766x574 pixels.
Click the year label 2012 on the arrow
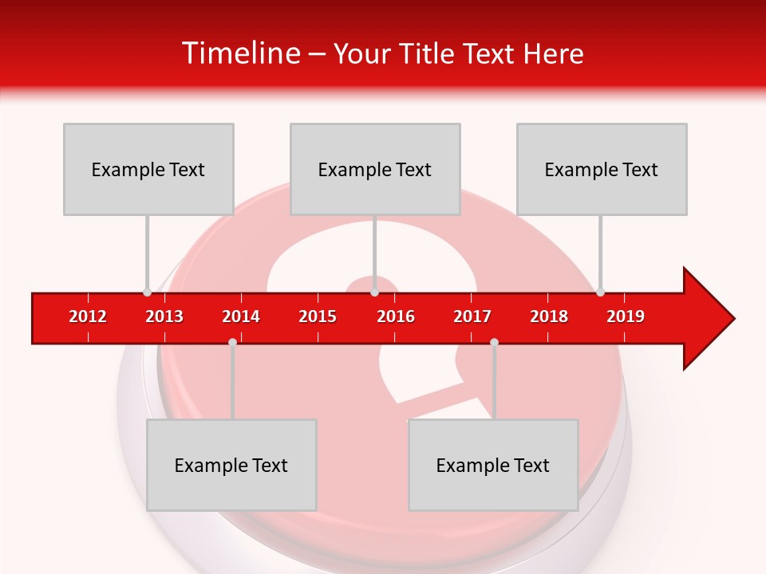[x=88, y=316]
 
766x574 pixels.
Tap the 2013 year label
[x=164, y=316]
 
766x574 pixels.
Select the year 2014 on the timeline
[x=241, y=316]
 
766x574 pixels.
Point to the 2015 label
[x=318, y=316]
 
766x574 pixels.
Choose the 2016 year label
[x=396, y=316]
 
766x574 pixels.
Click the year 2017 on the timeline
[x=472, y=316]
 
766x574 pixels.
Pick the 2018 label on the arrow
[x=549, y=316]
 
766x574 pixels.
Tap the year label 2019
[x=626, y=316]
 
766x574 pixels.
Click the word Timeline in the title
[x=239, y=53]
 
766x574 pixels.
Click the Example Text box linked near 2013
[x=148, y=169]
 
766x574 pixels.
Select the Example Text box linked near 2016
[x=375, y=169]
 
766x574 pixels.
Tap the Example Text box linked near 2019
[x=602, y=169]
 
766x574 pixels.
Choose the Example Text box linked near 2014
[x=231, y=465]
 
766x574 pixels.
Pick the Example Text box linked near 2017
[x=493, y=465]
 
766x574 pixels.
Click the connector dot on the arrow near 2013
[x=147, y=292]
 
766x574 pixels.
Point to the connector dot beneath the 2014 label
[x=232, y=342]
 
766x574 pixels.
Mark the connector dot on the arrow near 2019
[x=600, y=292]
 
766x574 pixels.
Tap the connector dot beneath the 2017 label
[x=494, y=342]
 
